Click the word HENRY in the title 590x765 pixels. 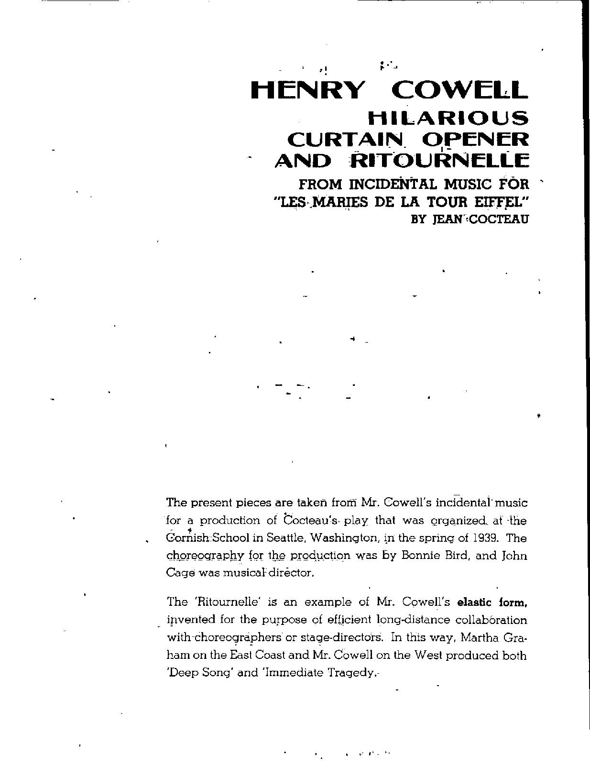306,90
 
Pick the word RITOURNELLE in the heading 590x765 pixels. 439,161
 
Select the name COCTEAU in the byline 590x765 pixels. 500,220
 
